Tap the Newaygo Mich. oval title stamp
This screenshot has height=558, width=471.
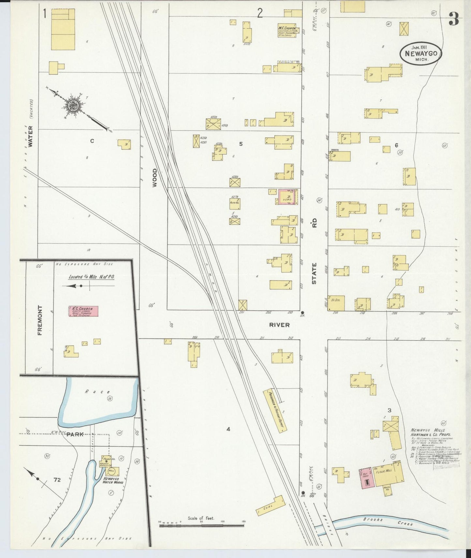[421, 54]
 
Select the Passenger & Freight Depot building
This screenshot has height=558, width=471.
[275, 411]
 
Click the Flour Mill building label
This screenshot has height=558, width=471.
[384, 471]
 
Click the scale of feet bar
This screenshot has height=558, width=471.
[202, 526]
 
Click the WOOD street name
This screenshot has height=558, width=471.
[155, 178]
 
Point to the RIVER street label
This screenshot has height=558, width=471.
[279, 325]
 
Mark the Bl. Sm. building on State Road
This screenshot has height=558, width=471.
[336, 303]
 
